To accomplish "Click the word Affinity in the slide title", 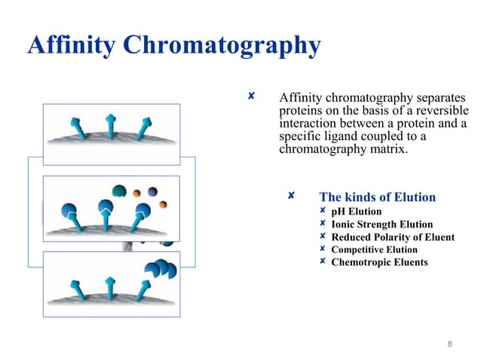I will (x=72, y=45).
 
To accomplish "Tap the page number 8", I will (x=449, y=345).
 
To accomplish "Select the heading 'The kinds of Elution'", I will (x=377, y=197).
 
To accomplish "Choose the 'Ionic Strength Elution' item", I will (x=381, y=224).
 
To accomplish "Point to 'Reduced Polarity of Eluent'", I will (x=393, y=237).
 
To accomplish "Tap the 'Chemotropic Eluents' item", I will (x=379, y=263).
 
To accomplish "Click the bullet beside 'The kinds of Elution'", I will (x=291, y=197).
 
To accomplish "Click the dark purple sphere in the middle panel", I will (x=152, y=192).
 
